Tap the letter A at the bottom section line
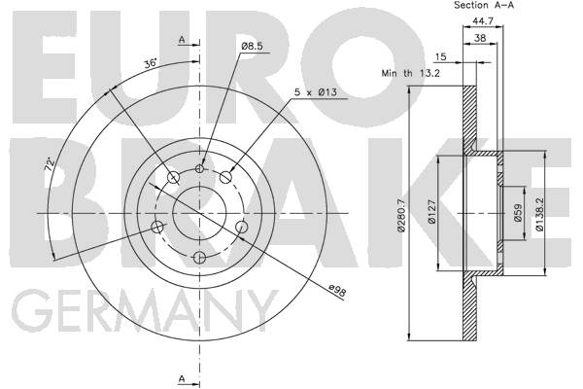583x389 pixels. coord(181,377)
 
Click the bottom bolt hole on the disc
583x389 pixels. coord(200,257)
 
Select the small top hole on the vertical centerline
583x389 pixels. coord(200,168)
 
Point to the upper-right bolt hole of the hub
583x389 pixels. coord(226,176)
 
